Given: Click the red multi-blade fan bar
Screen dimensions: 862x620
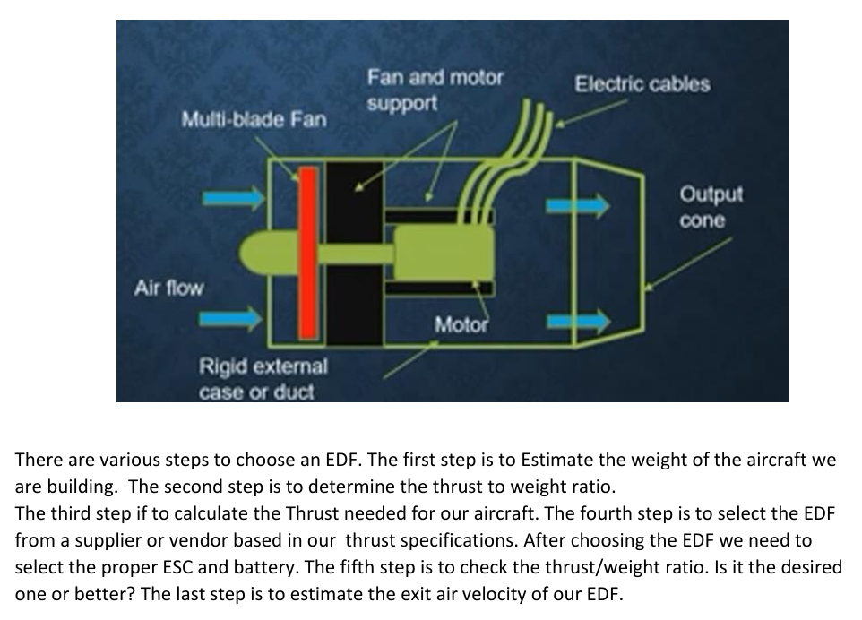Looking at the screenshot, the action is pos(308,253).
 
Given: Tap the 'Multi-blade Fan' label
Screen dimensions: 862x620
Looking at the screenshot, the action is pos(254,119).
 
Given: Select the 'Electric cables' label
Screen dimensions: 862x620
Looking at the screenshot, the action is pos(642,84).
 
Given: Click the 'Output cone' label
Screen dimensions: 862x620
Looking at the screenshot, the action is pos(711,207).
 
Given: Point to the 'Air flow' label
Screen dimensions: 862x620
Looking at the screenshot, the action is pos(168,288).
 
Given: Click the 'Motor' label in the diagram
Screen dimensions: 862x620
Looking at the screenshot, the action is pos(461,324).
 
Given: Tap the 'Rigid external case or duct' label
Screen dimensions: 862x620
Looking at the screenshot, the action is pos(263,379).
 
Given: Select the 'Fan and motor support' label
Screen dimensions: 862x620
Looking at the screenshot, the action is pos(435,90).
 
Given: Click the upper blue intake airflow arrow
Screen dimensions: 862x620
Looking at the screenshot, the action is pos(234,198).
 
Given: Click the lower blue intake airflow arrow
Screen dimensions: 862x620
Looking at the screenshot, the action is pos(231,318).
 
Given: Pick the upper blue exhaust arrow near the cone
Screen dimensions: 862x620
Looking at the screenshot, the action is pos(578,206).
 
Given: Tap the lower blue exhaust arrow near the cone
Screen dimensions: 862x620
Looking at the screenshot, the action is pos(578,321).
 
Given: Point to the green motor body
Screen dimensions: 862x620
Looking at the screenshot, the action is pos(444,253).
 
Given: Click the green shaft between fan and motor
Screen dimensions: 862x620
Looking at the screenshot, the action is pos(356,254).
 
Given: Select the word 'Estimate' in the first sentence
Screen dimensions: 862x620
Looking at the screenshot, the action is pos(557,460).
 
